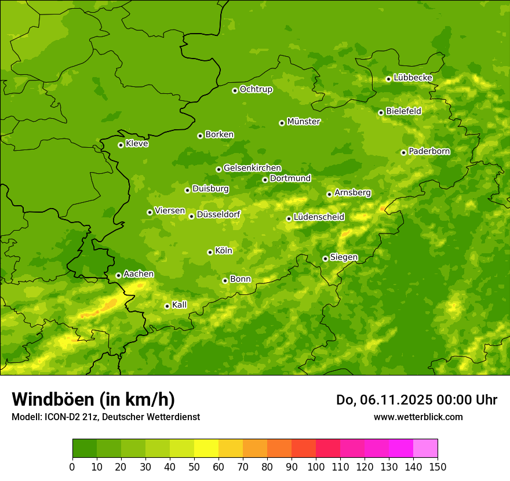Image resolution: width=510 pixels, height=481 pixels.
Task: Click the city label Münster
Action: coord(304,122)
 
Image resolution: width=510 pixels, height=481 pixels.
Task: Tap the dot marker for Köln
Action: coord(210,252)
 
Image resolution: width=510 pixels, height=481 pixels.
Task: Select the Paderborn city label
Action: coord(429,151)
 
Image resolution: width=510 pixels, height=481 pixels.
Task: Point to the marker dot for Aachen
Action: coord(118,275)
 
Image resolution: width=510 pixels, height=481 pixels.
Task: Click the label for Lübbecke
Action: coord(413,78)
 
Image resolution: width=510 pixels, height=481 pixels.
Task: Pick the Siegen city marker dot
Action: coord(325,258)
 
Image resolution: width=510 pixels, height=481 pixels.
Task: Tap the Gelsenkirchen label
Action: coord(252,168)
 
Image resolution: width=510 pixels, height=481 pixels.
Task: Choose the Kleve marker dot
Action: coord(121,145)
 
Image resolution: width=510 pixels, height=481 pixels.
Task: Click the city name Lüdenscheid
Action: coord(319,217)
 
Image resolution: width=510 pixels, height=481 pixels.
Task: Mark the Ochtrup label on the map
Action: coord(256,89)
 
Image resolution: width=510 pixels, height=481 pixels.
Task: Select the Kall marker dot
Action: coord(167,306)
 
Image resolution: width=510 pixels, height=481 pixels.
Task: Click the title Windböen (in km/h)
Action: coord(93,399)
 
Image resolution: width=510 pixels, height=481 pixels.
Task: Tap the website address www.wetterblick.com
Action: coord(418,417)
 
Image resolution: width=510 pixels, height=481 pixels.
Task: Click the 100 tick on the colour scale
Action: coord(316,466)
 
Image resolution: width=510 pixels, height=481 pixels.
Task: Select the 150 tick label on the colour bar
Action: coord(438,466)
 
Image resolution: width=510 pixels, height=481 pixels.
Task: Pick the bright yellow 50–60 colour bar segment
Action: coord(206,449)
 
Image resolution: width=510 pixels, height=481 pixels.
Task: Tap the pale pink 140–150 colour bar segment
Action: coord(425,449)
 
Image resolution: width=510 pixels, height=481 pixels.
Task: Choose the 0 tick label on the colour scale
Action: coord(72,466)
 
